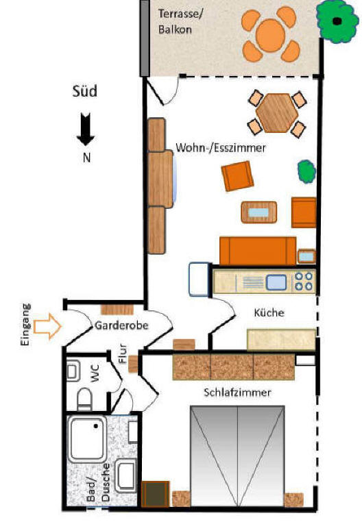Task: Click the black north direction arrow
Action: [x=86, y=129]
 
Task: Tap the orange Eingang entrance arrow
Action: [x=48, y=326]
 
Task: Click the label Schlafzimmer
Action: [x=237, y=393]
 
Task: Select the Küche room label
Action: [x=269, y=312]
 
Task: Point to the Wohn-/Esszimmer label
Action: [x=221, y=147]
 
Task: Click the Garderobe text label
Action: [x=121, y=325]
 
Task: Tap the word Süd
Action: [x=85, y=91]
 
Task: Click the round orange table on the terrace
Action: [x=270, y=35]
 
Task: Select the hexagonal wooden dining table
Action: [x=277, y=113]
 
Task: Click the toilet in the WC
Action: [x=84, y=399]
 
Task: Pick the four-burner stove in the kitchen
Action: [x=304, y=281]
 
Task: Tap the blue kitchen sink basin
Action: [x=276, y=282]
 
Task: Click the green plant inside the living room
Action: [x=306, y=171]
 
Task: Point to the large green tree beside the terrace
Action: [x=337, y=22]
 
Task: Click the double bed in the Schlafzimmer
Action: [x=237, y=456]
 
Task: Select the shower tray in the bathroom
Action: [x=87, y=439]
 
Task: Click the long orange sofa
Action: [x=258, y=251]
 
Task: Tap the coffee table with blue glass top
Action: [x=259, y=212]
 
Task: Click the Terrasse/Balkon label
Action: [x=180, y=22]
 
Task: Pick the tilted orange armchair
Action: [x=237, y=176]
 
